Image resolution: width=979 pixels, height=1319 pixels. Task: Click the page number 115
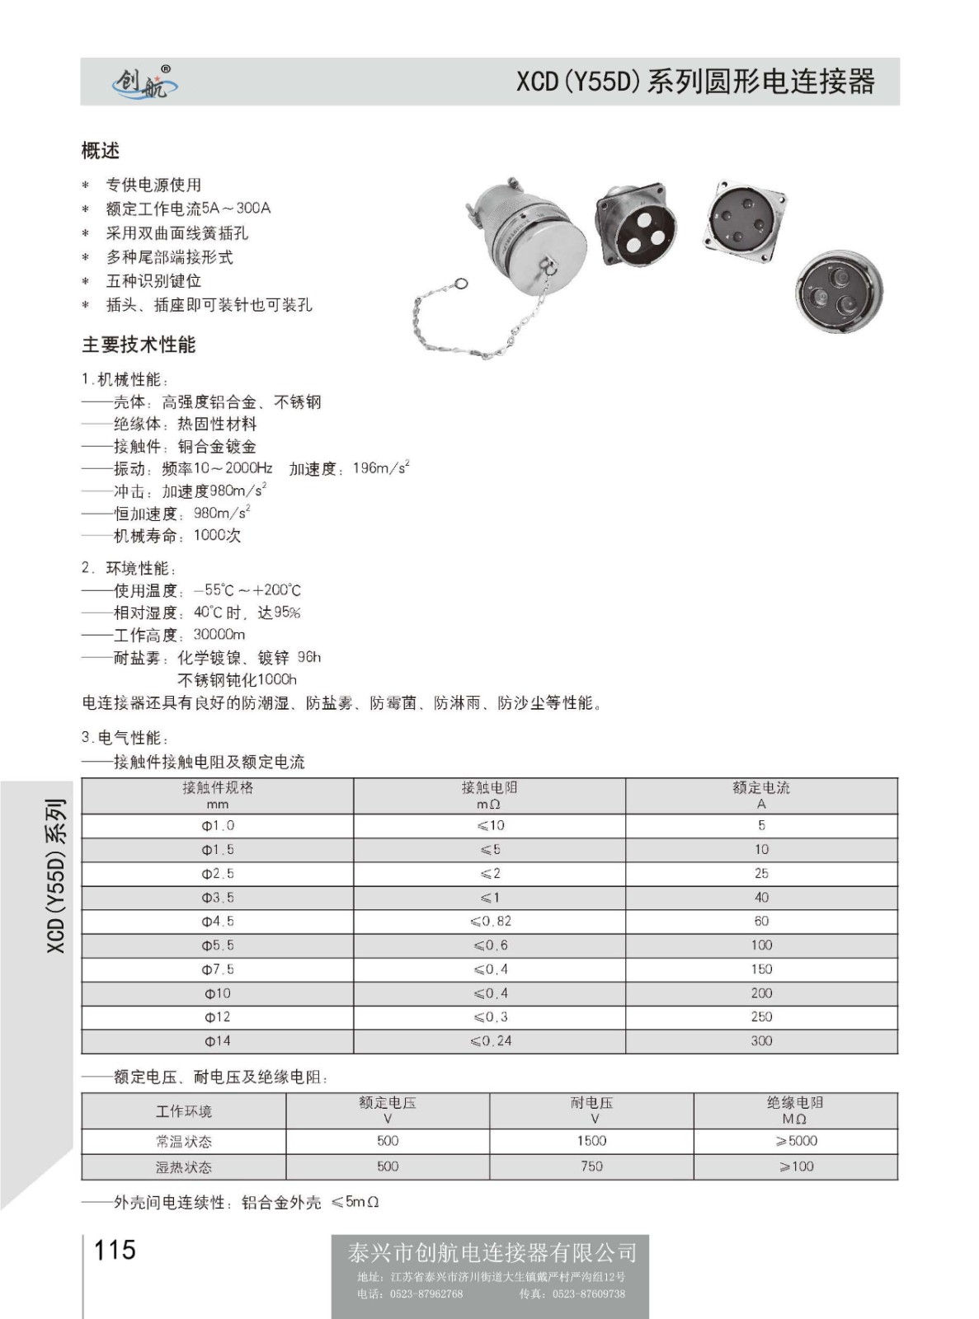click(x=115, y=1250)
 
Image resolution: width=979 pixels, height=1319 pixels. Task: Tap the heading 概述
click(x=101, y=151)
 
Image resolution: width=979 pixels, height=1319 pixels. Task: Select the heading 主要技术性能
click(x=139, y=345)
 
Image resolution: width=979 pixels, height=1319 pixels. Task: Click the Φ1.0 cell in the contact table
click(x=218, y=826)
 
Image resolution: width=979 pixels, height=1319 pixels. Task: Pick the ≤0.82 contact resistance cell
click(x=491, y=922)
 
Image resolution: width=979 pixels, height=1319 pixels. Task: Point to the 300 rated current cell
click(x=761, y=1041)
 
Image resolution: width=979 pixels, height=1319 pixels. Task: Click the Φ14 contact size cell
click(x=218, y=1041)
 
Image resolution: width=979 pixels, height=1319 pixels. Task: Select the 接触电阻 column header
click(x=489, y=795)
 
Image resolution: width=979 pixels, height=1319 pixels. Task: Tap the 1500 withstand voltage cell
click(x=591, y=1141)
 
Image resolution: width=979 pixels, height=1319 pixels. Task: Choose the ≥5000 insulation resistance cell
click(x=796, y=1141)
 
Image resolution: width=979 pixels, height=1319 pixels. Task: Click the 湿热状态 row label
click(x=184, y=1167)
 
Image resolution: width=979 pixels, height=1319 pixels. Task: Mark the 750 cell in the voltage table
click(x=591, y=1166)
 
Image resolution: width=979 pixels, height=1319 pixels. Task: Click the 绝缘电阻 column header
click(x=795, y=1110)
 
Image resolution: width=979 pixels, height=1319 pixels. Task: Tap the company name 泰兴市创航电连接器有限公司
click(x=492, y=1253)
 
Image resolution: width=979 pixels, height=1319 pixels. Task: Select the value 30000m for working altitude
click(x=219, y=635)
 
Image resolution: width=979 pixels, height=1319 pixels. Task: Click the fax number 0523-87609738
click(x=588, y=1294)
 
